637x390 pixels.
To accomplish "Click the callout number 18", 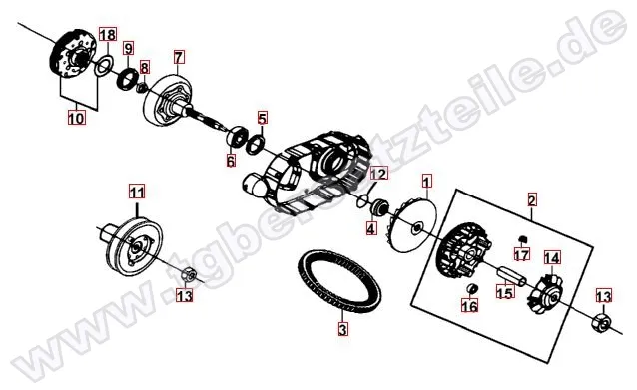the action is pyautogui.click(x=108, y=35).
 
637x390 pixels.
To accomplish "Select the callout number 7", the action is pyautogui.click(x=179, y=57).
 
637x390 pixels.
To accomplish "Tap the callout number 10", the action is pyautogui.click(x=76, y=118).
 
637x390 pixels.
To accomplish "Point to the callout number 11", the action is pyautogui.click(x=137, y=192).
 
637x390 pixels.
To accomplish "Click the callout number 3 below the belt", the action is pyautogui.click(x=343, y=329).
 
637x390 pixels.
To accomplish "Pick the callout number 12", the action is pyautogui.click(x=379, y=174).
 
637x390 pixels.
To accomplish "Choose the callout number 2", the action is pyautogui.click(x=532, y=200).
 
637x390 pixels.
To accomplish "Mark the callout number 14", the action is pyautogui.click(x=552, y=258).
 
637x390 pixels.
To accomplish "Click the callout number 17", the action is pyautogui.click(x=522, y=255).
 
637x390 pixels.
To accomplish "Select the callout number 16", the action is pyautogui.click(x=470, y=306).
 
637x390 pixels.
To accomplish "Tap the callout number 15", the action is pyautogui.click(x=505, y=292).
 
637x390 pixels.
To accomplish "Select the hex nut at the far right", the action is pyautogui.click(x=600, y=323).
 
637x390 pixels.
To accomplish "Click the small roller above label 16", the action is pyautogui.click(x=472, y=289).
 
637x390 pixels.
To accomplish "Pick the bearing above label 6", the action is pyautogui.click(x=237, y=136).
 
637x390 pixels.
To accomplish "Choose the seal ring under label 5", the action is pyautogui.click(x=256, y=145).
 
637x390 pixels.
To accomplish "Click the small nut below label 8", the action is pyautogui.click(x=142, y=87).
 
